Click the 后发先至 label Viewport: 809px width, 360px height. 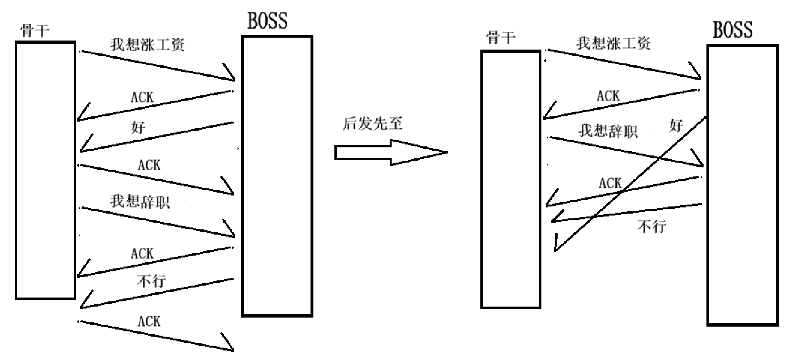pyautogui.click(x=373, y=123)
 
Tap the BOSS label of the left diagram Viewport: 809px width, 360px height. pyautogui.click(x=268, y=21)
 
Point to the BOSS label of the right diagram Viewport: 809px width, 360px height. pyautogui.click(x=733, y=30)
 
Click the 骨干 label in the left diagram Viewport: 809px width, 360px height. pyautogui.click(x=34, y=31)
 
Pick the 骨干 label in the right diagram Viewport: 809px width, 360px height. pyautogui.click(x=500, y=37)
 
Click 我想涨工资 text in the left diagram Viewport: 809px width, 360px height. pyautogui.click(x=147, y=45)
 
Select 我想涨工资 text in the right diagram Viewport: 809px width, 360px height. pyautogui.click(x=613, y=43)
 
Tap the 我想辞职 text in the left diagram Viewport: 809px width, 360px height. pyautogui.click(x=140, y=201)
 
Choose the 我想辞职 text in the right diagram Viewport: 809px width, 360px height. pyautogui.click(x=608, y=131)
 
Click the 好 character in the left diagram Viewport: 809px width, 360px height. pyautogui.click(x=138, y=127)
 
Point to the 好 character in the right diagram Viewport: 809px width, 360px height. pyautogui.click(x=676, y=126)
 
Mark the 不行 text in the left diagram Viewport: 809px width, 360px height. pyautogui.click(x=151, y=280)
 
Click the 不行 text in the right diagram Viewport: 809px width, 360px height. pyautogui.click(x=652, y=226)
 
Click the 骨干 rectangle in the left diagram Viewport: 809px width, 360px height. pyautogui.click(x=45, y=170)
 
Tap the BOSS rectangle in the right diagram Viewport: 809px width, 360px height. pyautogui.click(x=742, y=185)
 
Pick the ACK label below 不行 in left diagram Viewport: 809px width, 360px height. pyautogui.click(x=149, y=321)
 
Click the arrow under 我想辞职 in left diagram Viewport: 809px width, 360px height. pyautogui.click(x=157, y=222)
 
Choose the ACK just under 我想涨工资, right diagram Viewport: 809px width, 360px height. pyautogui.click(x=608, y=96)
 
